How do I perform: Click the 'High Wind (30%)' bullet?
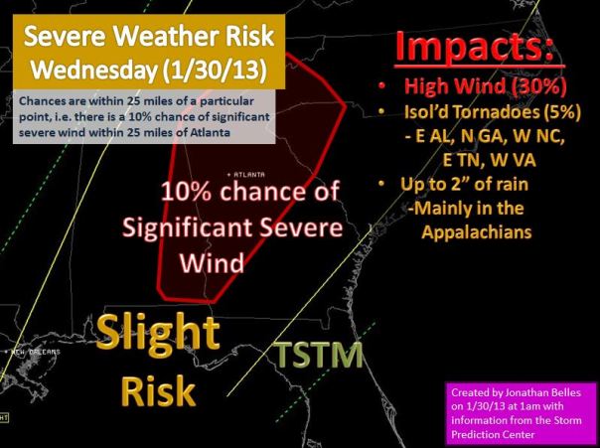tap(486, 89)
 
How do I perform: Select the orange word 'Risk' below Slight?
tap(158, 391)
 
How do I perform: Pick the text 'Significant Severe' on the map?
tap(233, 227)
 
